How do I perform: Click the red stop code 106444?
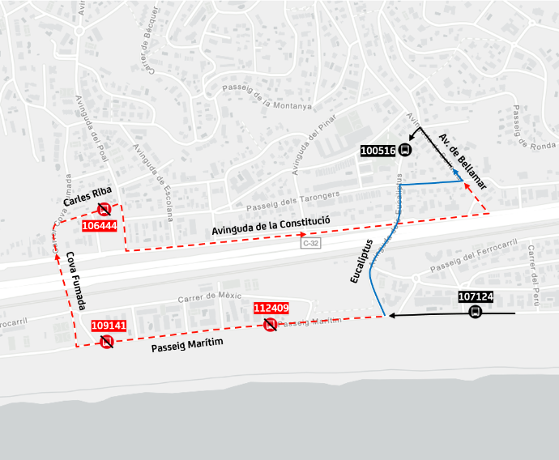tap(100, 225)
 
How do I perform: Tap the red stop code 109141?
tap(108, 326)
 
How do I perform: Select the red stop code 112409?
tap(271, 308)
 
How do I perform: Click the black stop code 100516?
tap(378, 150)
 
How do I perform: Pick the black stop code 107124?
tap(476, 297)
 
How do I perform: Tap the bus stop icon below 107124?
tap(476, 313)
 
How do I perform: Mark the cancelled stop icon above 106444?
tap(105, 210)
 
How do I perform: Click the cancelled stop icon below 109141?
tap(106, 342)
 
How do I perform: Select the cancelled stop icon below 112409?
tap(271, 324)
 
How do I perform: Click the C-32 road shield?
tap(309, 243)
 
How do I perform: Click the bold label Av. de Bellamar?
tap(463, 162)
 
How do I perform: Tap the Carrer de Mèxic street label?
tap(210, 298)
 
